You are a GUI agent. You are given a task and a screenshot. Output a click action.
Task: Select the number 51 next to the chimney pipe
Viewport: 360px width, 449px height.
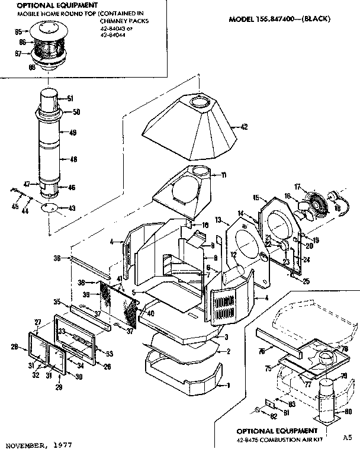pyautogui.click(x=69, y=98)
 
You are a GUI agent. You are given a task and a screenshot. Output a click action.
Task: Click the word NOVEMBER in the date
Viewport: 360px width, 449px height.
pyautogui.click(x=25, y=444)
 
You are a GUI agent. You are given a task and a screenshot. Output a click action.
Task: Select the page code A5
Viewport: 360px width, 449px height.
pyautogui.click(x=346, y=438)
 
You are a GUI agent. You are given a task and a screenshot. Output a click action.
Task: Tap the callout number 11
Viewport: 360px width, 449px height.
pyautogui.click(x=224, y=175)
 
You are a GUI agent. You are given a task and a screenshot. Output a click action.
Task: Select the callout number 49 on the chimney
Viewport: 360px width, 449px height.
pyautogui.click(x=73, y=133)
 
